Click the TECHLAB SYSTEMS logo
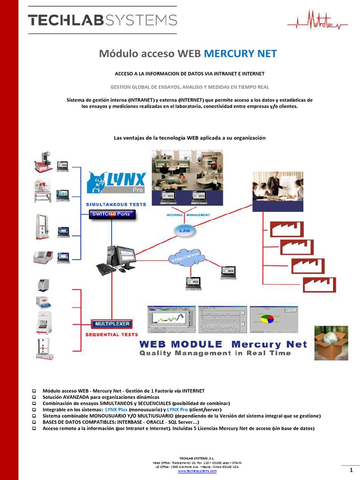pos(102,20)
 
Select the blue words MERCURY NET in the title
pos(240,54)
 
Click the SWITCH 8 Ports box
pos(113,214)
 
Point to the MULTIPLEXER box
pos(112,323)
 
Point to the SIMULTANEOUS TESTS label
pos(115,204)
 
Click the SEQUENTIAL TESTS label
pos(111,335)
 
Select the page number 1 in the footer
pos(350,470)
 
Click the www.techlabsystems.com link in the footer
pos(197,471)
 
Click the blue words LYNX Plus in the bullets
pos(116,409)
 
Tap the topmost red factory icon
pos(286,229)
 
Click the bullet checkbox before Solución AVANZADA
pos(34,397)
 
